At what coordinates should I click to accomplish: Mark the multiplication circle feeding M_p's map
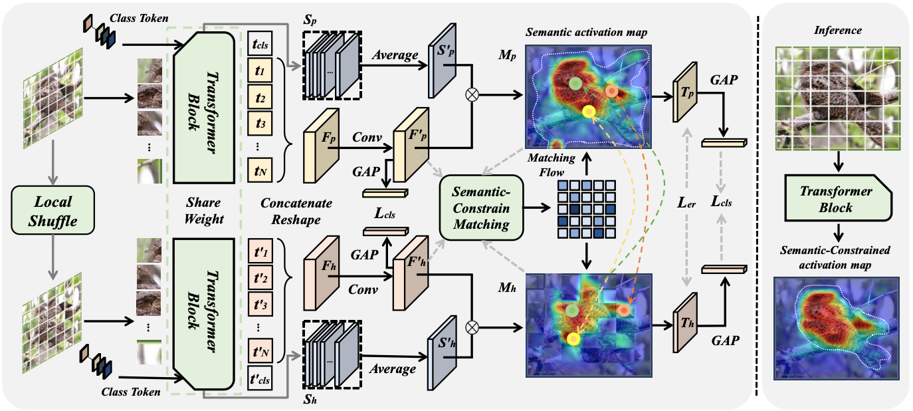(x=472, y=94)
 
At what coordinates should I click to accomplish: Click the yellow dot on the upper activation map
(x=588, y=112)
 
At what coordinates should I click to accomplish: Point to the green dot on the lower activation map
(x=572, y=310)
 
